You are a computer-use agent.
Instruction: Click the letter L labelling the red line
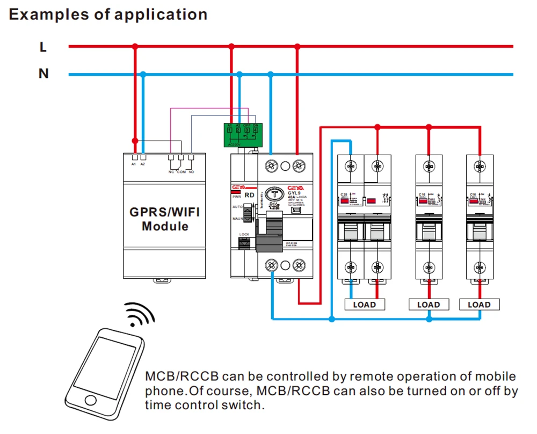pyautogui.click(x=43, y=47)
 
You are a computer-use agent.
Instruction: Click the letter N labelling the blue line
pyautogui.click(x=43, y=74)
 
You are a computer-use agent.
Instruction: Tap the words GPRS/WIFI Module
pyautogui.click(x=165, y=219)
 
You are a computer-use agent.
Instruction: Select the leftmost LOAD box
pyautogui.click(x=365, y=305)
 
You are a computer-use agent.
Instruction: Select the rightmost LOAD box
pyautogui.click(x=479, y=305)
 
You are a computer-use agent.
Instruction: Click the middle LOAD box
pyautogui.click(x=429, y=305)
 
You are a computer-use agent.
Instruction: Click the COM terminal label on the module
pyautogui.click(x=180, y=172)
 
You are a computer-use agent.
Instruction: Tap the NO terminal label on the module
pyautogui.click(x=191, y=172)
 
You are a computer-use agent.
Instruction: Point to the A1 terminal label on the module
pyautogui.click(x=134, y=164)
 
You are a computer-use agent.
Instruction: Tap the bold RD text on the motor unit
pyautogui.click(x=249, y=195)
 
